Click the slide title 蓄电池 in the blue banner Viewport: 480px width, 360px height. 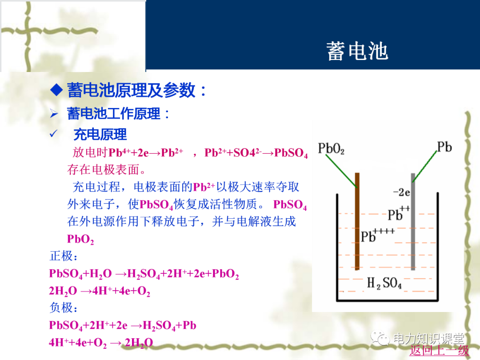(x=357, y=51)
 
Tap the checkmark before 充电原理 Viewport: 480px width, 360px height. (x=54, y=134)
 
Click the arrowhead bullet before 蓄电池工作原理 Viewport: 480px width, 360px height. (x=54, y=114)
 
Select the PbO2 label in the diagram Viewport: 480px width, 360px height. (x=332, y=148)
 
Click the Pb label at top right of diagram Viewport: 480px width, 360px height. (x=444, y=147)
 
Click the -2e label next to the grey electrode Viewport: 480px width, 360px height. (x=401, y=192)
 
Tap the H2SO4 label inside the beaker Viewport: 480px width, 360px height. (x=384, y=283)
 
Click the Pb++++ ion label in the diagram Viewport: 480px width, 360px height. (x=376, y=235)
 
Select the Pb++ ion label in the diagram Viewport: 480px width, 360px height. (x=398, y=213)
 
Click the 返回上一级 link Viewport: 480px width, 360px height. (x=439, y=350)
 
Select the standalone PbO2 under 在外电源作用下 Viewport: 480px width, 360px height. (x=80, y=239)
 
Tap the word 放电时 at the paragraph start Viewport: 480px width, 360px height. (x=90, y=152)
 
